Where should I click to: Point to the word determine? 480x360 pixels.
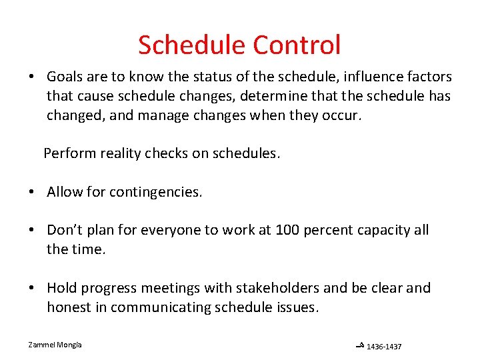click(277, 96)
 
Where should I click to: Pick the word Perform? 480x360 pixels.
click(69, 153)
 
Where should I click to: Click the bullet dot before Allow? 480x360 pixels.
click(32, 193)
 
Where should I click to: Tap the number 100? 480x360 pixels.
click(293, 230)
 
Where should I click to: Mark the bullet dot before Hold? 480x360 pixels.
click(32, 289)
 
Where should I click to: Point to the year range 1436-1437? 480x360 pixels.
click(384, 346)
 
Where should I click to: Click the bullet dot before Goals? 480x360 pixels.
click(32, 77)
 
